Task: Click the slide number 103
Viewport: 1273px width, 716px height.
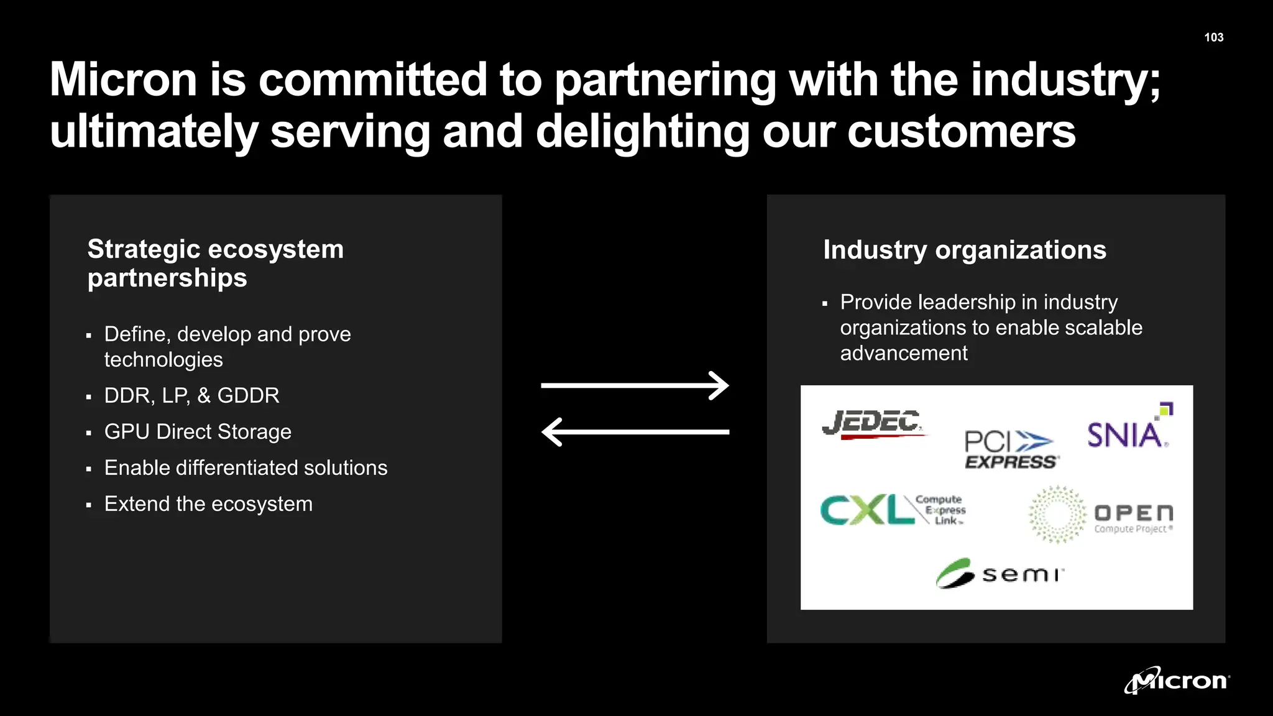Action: pyautogui.click(x=1213, y=37)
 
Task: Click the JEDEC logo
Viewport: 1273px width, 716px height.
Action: pyautogui.click(x=873, y=425)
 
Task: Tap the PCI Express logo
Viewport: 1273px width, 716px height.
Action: pyautogui.click(x=1011, y=449)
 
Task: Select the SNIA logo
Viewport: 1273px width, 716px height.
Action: pyautogui.click(x=1128, y=430)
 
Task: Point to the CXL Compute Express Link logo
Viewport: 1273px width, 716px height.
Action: pyautogui.click(x=893, y=510)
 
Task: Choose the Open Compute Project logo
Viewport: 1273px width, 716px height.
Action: pyautogui.click(x=1100, y=515)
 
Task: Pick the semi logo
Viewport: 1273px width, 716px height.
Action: pyautogui.click(x=1000, y=573)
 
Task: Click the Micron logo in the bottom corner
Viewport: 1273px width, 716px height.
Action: pyautogui.click(x=1176, y=681)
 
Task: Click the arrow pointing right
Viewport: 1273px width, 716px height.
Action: pyautogui.click(x=635, y=385)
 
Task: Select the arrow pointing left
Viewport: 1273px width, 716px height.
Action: pyautogui.click(x=635, y=432)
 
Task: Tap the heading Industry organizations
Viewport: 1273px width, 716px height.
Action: pyautogui.click(x=964, y=250)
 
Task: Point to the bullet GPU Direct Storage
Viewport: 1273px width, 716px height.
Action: pyautogui.click(x=198, y=431)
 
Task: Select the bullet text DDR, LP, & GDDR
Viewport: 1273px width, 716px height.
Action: pyautogui.click(x=191, y=395)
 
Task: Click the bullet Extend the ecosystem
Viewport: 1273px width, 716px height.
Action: pyautogui.click(x=208, y=503)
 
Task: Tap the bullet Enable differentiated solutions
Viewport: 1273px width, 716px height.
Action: pyautogui.click(x=246, y=467)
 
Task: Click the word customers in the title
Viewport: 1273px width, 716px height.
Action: pyautogui.click(x=961, y=131)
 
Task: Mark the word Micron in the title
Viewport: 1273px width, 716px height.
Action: pyautogui.click(x=123, y=80)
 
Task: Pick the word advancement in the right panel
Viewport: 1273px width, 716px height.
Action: pyautogui.click(x=904, y=353)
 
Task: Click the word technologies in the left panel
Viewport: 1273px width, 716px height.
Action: pyautogui.click(x=163, y=359)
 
